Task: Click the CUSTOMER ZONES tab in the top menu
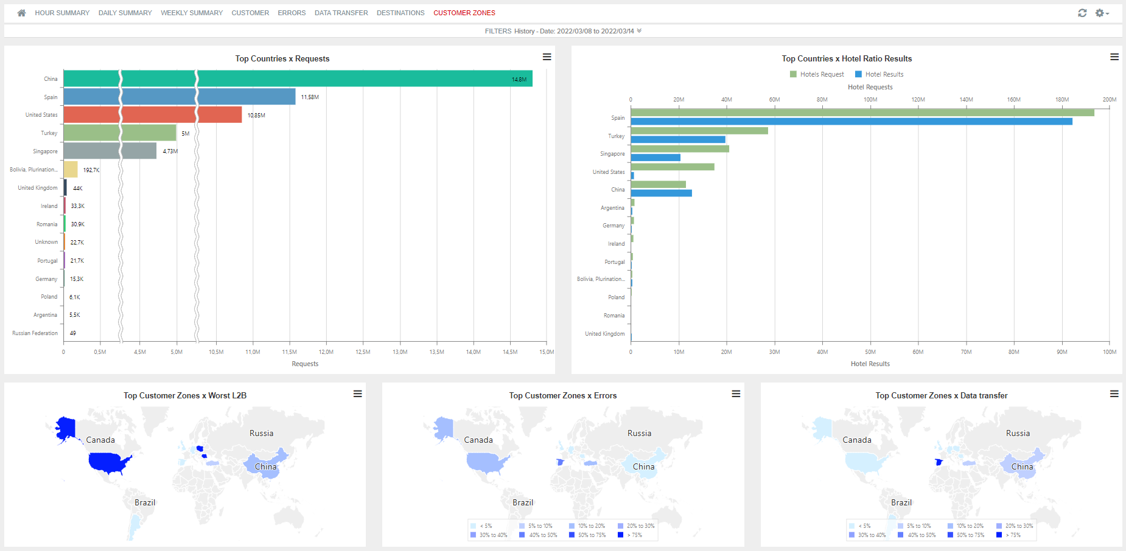464,13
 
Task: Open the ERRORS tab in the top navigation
292,13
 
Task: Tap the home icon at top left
21,13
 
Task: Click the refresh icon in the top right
1082,13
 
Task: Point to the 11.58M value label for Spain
310,97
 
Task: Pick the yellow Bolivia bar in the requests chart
71,170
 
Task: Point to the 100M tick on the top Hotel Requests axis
870,100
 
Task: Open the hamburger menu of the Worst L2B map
358,394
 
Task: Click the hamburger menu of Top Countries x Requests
547,57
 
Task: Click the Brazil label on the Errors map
522,502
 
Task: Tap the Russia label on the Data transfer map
1018,434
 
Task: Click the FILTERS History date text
563,31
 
